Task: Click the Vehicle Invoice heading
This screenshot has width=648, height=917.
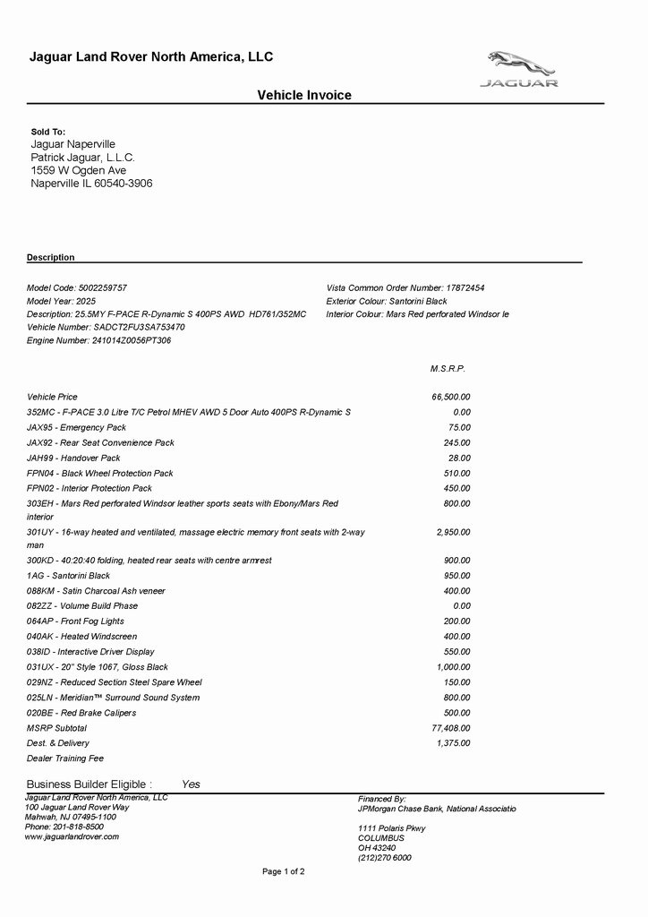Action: (x=304, y=95)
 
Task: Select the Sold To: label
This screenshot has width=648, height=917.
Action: (x=48, y=132)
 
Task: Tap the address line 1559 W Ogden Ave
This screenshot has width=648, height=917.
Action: (x=79, y=170)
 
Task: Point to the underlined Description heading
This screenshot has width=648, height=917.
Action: (x=51, y=257)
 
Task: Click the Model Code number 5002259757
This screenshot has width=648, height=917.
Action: (x=103, y=287)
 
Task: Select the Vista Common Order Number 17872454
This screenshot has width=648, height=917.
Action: (x=465, y=287)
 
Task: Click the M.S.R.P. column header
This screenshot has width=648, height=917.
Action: (x=448, y=368)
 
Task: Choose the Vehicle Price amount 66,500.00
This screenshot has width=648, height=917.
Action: (x=451, y=397)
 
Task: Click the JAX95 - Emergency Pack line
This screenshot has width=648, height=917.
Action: (x=77, y=427)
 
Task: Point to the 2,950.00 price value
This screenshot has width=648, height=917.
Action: (x=454, y=532)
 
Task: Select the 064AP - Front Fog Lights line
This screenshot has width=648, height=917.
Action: (x=76, y=621)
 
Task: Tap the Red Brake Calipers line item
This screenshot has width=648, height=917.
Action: (x=82, y=713)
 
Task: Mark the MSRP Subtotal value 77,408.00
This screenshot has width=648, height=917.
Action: (x=451, y=728)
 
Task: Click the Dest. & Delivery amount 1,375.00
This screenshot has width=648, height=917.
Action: (x=454, y=743)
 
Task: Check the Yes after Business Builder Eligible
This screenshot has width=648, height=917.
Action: (x=191, y=784)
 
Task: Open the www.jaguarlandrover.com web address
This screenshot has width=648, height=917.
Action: (x=72, y=836)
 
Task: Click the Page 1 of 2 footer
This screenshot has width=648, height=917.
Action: (x=284, y=871)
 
